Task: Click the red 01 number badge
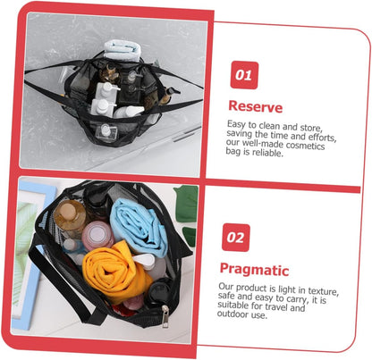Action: click(x=244, y=75)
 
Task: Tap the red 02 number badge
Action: click(x=235, y=238)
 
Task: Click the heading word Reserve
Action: click(x=255, y=106)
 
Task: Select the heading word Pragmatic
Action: click(x=254, y=270)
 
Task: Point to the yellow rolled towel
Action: click(x=114, y=272)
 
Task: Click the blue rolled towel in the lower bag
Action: click(x=138, y=226)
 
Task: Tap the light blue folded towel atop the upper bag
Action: click(x=123, y=50)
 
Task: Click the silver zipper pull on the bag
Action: click(x=165, y=316)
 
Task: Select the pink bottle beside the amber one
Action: click(x=97, y=236)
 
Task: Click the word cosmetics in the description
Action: click(x=305, y=146)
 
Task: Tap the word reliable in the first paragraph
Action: click(x=267, y=153)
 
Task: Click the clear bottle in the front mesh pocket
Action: click(x=106, y=131)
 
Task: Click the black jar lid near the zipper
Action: click(x=157, y=292)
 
